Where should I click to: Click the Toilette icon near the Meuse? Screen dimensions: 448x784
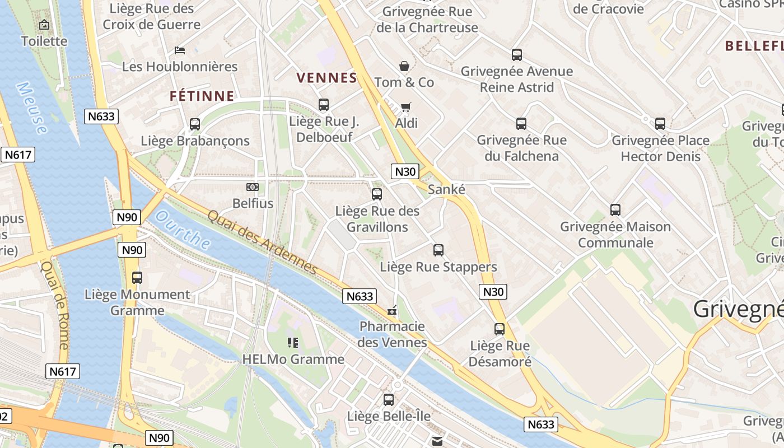pyautogui.click(x=44, y=25)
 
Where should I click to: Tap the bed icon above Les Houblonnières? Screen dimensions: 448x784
pyautogui.click(x=180, y=50)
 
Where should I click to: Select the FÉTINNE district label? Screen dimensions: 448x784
pyautogui.click(x=202, y=96)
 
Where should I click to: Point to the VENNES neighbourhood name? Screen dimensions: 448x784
pyautogui.click(x=326, y=78)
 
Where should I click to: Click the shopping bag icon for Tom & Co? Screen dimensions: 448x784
pyautogui.click(x=404, y=66)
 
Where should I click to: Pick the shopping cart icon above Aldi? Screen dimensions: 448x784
pyautogui.click(x=406, y=106)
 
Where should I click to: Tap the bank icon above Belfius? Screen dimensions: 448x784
pyautogui.click(x=253, y=187)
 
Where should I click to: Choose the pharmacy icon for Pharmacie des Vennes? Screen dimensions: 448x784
pyautogui.click(x=392, y=310)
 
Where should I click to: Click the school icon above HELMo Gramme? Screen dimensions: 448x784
pyautogui.click(x=292, y=342)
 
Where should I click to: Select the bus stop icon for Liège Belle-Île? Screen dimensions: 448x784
pyautogui.click(x=388, y=400)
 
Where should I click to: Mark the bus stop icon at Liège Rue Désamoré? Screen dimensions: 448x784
pyautogui.click(x=500, y=329)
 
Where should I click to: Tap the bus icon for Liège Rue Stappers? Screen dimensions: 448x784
pyautogui.click(x=438, y=250)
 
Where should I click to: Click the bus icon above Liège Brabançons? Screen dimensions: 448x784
pyautogui.click(x=195, y=124)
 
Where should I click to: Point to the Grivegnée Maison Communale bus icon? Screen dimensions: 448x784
pyautogui.click(x=615, y=210)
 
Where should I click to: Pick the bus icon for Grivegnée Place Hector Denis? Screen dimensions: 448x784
pyautogui.click(x=660, y=124)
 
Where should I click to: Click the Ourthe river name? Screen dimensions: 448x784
pyautogui.click(x=183, y=231)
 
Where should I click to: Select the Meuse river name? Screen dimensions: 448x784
pyautogui.click(x=32, y=108)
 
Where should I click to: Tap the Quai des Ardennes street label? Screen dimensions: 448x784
pyautogui.click(x=262, y=243)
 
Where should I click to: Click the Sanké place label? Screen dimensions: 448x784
pyautogui.click(x=446, y=189)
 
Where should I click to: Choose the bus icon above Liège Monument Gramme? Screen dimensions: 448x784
pyautogui.click(x=137, y=278)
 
